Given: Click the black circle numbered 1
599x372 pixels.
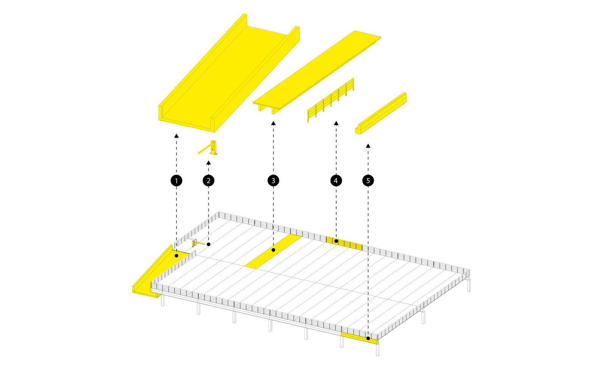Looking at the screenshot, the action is [x=176, y=181].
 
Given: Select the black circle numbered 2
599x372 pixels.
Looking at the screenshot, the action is [x=209, y=181].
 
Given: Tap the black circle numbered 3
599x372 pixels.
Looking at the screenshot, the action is [x=273, y=181].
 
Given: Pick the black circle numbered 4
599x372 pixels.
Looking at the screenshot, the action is [x=336, y=181].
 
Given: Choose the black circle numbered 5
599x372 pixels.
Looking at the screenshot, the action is [x=368, y=181].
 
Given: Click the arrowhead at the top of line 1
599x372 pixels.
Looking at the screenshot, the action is [x=176, y=136].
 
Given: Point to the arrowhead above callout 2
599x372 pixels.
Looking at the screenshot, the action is [x=209, y=163].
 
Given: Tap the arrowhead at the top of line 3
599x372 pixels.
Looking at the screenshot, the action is [x=273, y=123].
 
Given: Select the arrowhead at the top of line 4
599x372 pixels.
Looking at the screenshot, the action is [x=336, y=123].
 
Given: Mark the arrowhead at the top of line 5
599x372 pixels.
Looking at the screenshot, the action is [x=368, y=146].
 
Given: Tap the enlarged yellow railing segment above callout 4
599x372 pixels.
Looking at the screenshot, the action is [x=331, y=100].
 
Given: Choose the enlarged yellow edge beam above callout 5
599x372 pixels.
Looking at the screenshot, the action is [x=381, y=113].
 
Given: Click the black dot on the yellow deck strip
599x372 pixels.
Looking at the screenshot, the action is [x=273, y=250].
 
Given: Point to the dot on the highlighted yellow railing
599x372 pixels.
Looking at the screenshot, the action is [x=336, y=241].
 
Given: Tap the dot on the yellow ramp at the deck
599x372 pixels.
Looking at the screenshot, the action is [x=176, y=256].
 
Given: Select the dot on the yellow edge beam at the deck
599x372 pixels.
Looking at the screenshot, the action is [x=368, y=338].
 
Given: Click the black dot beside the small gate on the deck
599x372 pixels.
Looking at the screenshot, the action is [x=209, y=244].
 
